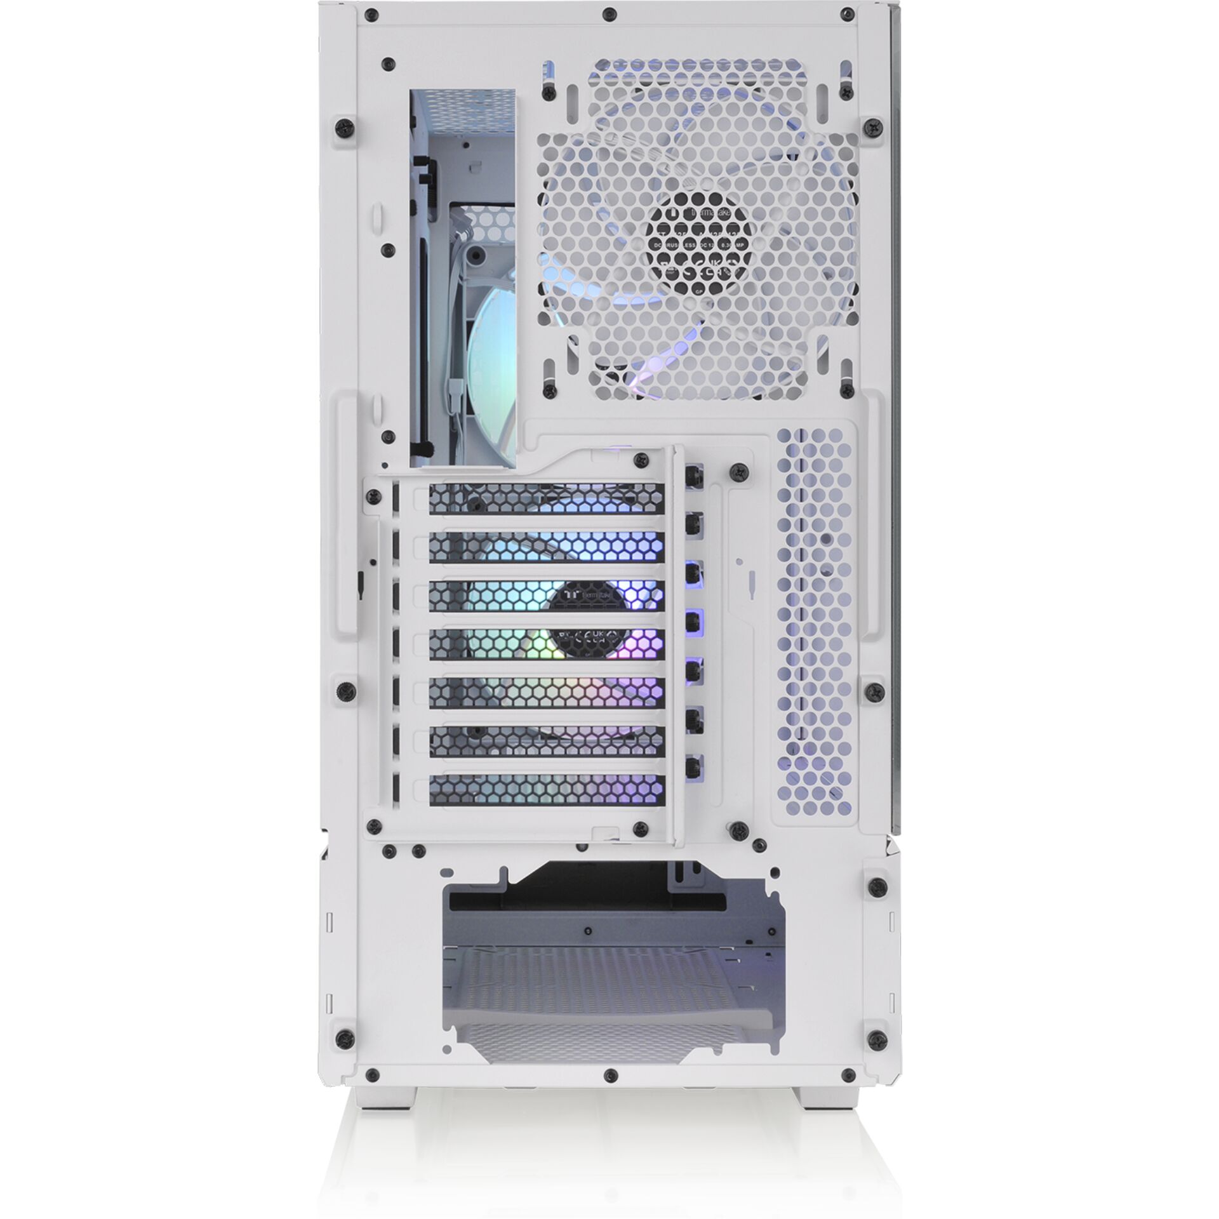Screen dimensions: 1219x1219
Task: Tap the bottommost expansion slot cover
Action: coord(546,789)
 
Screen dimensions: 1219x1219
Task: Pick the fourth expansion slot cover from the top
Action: coord(546,644)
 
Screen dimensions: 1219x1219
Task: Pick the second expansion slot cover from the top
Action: coord(546,547)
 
